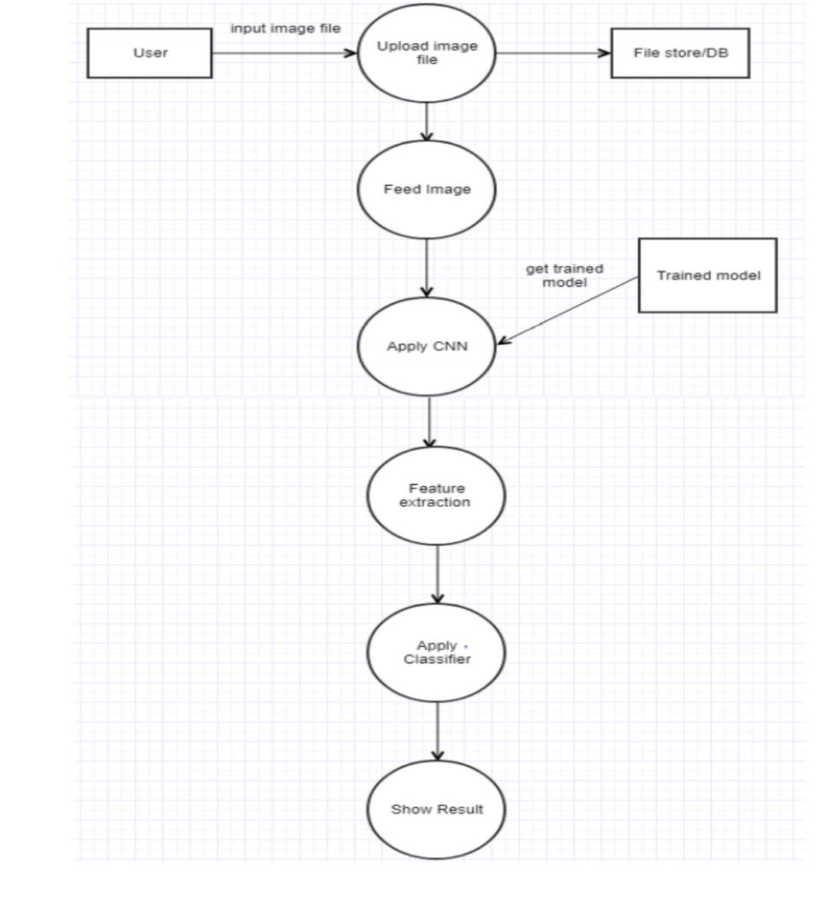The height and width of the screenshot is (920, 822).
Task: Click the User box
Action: pyautogui.click(x=150, y=53)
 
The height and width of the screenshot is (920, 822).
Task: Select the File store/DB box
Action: pyautogui.click(x=680, y=53)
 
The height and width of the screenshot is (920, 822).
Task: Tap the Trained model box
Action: pyautogui.click(x=708, y=276)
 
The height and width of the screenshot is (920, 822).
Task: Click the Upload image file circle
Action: pyautogui.click(x=426, y=53)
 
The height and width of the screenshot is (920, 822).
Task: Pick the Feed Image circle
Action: pyautogui.click(x=426, y=189)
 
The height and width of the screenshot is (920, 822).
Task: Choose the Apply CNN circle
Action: pyautogui.click(x=426, y=347)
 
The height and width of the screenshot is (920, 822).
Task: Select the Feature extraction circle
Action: pyautogui.click(x=436, y=495)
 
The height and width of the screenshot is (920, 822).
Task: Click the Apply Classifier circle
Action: pyautogui.click(x=436, y=652)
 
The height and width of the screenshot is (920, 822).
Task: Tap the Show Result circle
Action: pyautogui.click(x=436, y=810)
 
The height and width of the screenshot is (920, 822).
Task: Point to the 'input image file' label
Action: pyautogui.click(x=285, y=28)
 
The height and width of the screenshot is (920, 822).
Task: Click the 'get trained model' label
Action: pyautogui.click(x=564, y=276)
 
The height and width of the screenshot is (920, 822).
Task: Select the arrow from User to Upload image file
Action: pyautogui.click(x=284, y=53)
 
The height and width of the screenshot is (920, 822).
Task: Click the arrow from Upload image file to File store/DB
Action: pyautogui.click(x=554, y=53)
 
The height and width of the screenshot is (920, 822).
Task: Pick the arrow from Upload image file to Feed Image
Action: pyautogui.click(x=426, y=122)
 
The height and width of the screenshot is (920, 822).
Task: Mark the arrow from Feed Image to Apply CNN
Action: pyautogui.click(x=426, y=268)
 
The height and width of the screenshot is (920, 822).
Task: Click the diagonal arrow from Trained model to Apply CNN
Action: pyautogui.click(x=567, y=310)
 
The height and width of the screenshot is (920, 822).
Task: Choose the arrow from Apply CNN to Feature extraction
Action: pyautogui.click(x=429, y=422)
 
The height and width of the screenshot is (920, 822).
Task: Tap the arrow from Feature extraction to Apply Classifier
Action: pyautogui.click(x=437, y=574)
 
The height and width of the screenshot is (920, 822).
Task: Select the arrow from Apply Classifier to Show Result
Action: pyautogui.click(x=437, y=731)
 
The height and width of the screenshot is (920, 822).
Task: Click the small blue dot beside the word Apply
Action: pyautogui.click(x=466, y=646)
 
